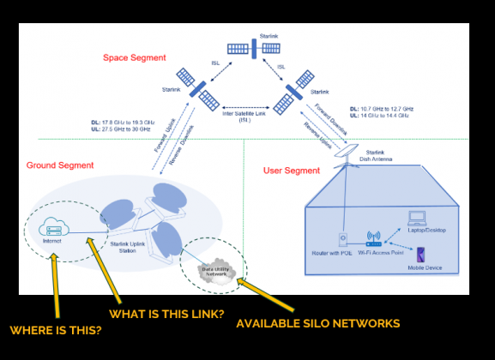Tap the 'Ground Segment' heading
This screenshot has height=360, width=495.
(60, 165)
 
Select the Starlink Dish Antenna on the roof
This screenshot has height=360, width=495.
(350, 151)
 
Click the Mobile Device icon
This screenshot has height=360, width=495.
(420, 255)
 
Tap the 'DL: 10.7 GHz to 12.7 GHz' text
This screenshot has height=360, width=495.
(384, 110)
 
